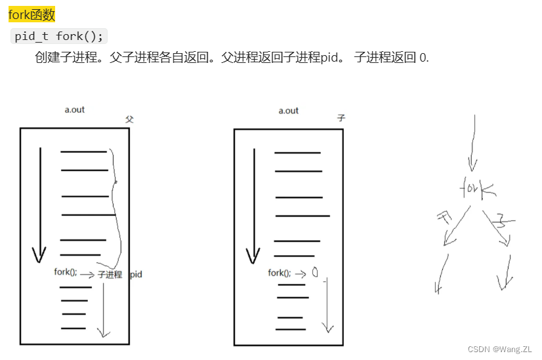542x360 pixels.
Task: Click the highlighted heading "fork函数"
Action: tap(31, 15)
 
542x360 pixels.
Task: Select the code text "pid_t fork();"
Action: tap(59, 36)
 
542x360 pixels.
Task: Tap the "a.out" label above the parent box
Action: tap(74, 110)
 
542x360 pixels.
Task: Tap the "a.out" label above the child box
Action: tap(288, 110)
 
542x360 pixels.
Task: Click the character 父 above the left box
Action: tap(129, 119)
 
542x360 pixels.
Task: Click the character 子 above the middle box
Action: tap(341, 119)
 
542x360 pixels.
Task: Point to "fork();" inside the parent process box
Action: tap(66, 272)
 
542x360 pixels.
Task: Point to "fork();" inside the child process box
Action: tap(280, 273)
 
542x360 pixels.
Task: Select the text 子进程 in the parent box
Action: tap(110, 275)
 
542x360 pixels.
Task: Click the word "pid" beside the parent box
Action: tap(136, 274)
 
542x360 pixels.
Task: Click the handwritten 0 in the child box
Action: tap(315, 273)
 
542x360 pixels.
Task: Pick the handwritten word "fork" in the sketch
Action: tap(478, 189)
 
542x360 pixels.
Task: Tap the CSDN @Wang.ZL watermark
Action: tap(499, 349)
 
